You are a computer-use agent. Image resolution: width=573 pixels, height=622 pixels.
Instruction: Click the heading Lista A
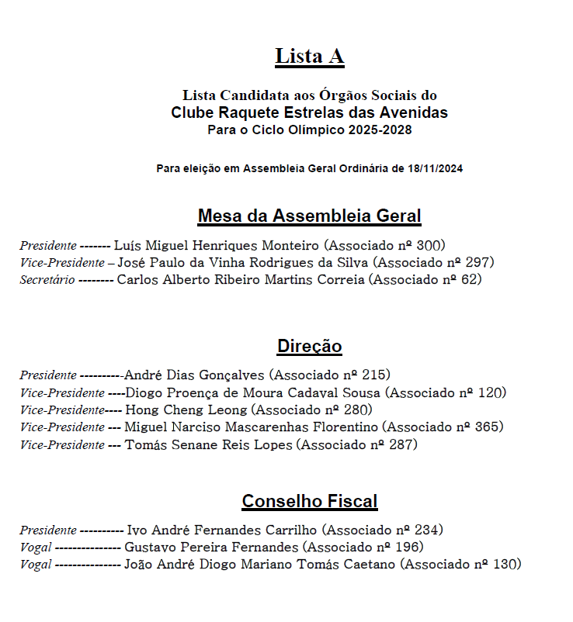309,56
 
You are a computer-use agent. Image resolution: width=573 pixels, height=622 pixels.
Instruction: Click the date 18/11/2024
435,168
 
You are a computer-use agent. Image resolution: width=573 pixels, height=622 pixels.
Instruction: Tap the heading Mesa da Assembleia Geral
309,216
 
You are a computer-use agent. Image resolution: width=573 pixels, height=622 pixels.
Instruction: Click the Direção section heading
309,346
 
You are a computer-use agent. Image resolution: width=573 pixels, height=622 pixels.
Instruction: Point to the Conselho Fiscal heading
309,501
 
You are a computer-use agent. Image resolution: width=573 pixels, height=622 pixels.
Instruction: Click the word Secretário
47,280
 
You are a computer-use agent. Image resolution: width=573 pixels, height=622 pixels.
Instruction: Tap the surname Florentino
341,427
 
